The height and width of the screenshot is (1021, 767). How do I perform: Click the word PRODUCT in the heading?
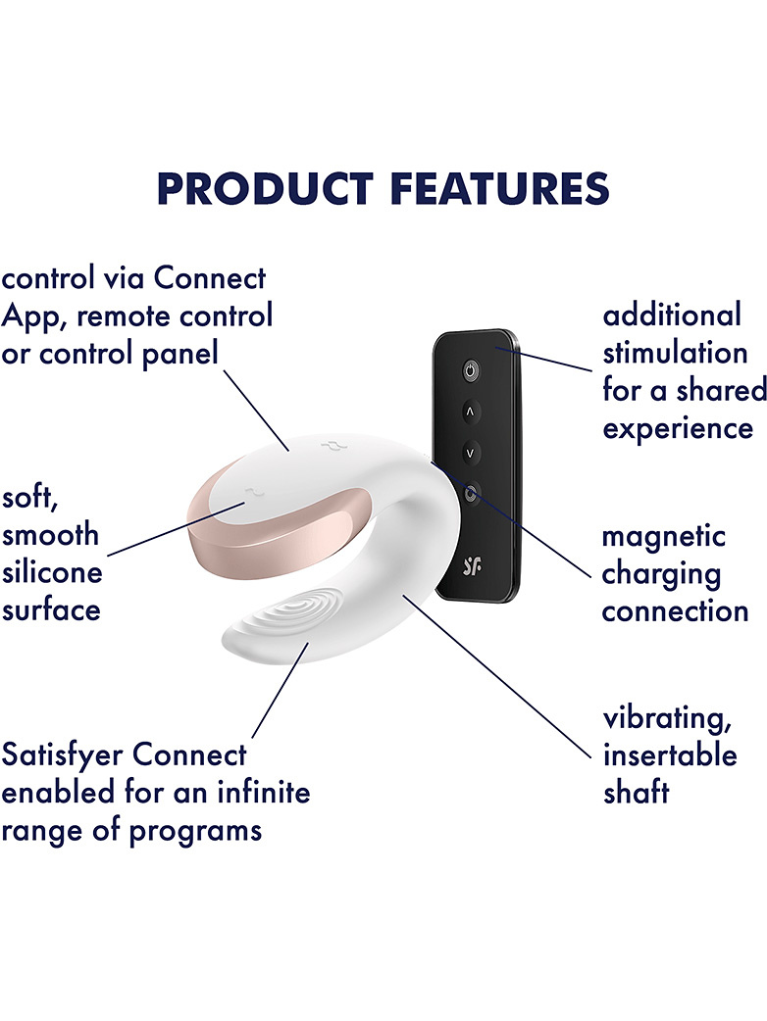click(265, 189)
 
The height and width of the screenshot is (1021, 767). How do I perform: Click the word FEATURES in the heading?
click(500, 189)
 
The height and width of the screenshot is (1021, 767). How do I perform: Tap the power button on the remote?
click(471, 371)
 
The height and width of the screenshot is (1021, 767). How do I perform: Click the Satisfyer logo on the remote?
click(473, 566)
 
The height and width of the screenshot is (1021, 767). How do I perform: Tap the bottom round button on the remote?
click(471, 493)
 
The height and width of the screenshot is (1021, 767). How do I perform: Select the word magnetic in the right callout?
click(663, 538)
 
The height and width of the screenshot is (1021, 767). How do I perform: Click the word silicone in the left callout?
click(52, 571)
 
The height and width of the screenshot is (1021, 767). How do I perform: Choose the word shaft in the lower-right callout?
click(636, 793)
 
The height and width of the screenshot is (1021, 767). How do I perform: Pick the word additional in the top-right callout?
click(672, 315)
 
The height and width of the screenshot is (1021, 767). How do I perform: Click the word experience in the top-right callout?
click(678, 430)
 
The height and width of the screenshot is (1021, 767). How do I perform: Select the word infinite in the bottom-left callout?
click(264, 793)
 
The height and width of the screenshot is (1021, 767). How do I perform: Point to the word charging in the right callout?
click(661, 576)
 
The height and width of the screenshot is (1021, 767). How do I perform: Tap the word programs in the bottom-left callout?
click(195, 832)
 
